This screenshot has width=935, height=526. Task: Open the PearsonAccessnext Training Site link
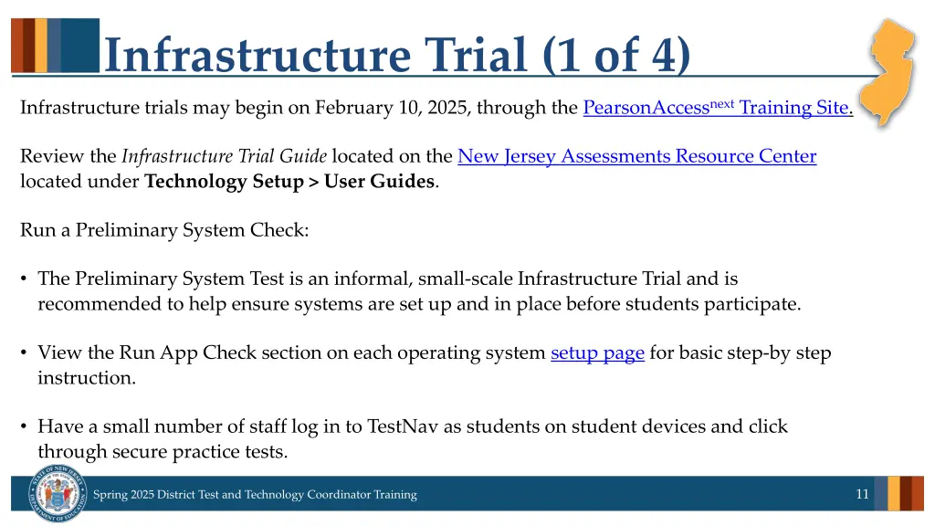(x=717, y=108)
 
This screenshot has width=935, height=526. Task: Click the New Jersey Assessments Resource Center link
(x=636, y=156)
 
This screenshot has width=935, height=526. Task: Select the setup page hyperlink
(x=597, y=352)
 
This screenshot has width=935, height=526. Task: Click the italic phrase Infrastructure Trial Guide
(x=225, y=156)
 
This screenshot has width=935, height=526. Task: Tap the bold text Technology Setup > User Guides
(x=289, y=181)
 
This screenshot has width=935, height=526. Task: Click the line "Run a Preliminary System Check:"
(x=164, y=230)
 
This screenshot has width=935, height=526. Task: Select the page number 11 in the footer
(x=862, y=494)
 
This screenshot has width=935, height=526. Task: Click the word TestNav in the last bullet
(x=399, y=426)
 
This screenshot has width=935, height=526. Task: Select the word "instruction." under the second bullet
(x=87, y=377)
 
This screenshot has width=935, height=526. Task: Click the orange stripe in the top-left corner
(x=16, y=45)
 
